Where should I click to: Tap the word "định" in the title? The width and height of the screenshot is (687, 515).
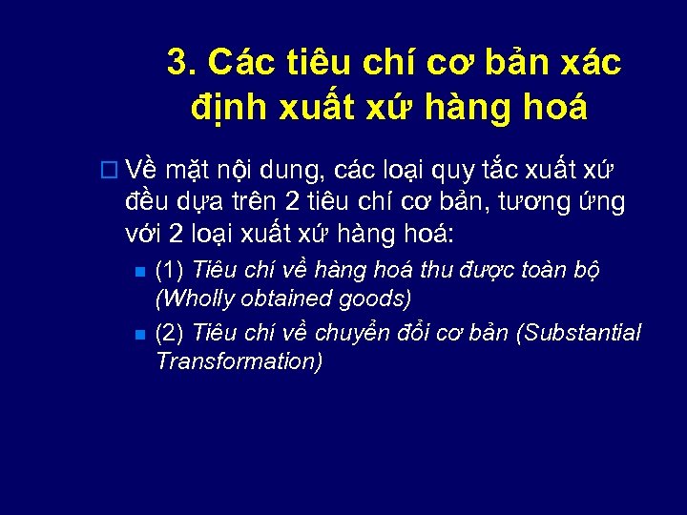[x=225, y=108]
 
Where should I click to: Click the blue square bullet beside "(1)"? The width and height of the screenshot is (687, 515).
[x=139, y=273]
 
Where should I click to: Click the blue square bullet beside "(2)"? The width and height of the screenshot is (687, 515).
[x=139, y=335]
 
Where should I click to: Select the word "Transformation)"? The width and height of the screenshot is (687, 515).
[x=239, y=361]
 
